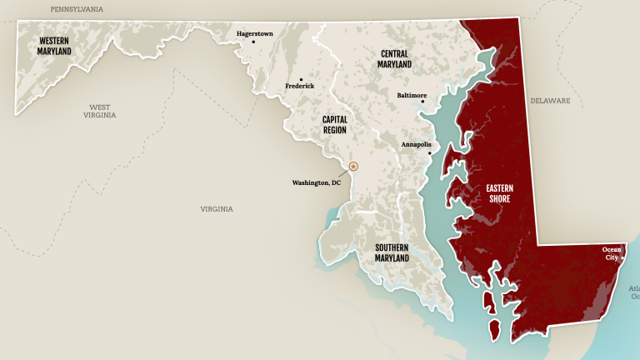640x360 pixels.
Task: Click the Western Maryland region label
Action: pyautogui.click(x=54, y=46)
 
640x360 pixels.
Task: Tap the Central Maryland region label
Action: pyautogui.click(x=394, y=58)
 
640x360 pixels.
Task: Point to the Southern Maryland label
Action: pyautogui.click(x=392, y=252)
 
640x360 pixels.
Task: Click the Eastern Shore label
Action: pyautogui.click(x=499, y=193)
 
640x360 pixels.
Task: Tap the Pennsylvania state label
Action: pyautogui.click(x=77, y=9)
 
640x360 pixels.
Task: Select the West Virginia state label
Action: pyautogui.click(x=99, y=111)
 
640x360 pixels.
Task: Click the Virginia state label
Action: pyautogui.click(x=217, y=209)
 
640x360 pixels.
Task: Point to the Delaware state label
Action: pyautogui.click(x=550, y=101)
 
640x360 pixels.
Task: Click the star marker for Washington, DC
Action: pyautogui.click(x=352, y=167)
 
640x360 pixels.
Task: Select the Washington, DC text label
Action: pyautogui.click(x=316, y=182)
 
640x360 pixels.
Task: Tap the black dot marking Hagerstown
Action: pyautogui.click(x=253, y=42)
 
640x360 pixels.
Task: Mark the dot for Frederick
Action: pyautogui.click(x=301, y=79)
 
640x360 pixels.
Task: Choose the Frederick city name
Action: pyautogui.click(x=300, y=87)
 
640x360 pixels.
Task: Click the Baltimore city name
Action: pyautogui.click(x=411, y=96)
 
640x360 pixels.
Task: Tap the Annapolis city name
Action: pyautogui.click(x=416, y=144)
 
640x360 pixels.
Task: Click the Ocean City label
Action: pyautogui.click(x=612, y=253)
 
